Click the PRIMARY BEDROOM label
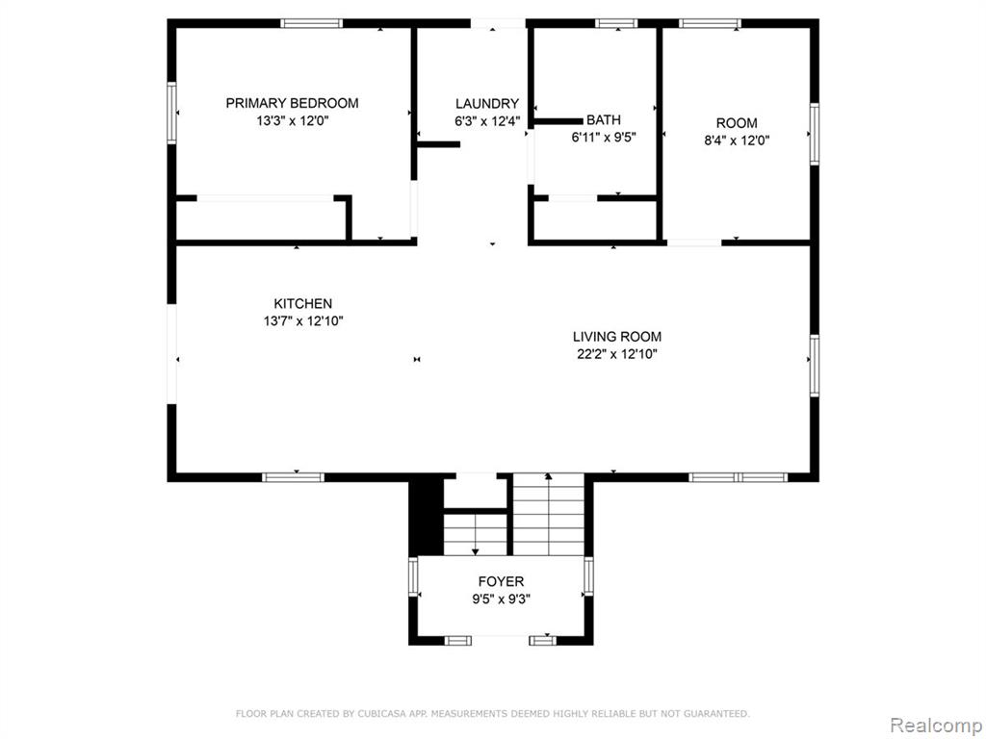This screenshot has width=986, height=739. [x=293, y=103]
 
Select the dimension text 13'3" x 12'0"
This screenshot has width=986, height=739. [x=293, y=120]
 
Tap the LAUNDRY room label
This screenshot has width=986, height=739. [x=487, y=104]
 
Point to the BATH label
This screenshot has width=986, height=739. [x=604, y=119]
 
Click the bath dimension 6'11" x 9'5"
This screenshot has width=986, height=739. [x=604, y=137]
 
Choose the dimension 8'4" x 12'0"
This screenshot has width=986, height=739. [x=737, y=140]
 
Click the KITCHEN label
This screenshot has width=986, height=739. [x=303, y=303]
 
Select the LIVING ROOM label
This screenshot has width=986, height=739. [x=617, y=337]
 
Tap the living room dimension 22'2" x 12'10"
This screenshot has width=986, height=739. [x=617, y=354]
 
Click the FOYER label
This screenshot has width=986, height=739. [x=501, y=582]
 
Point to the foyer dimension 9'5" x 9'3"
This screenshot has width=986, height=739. [x=501, y=599]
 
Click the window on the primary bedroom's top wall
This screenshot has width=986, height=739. [x=311, y=24]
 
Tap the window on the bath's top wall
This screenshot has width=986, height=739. [x=616, y=24]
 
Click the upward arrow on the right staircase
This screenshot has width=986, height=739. [x=548, y=514]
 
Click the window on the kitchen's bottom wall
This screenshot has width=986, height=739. [x=293, y=477]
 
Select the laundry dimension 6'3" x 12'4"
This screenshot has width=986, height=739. [x=487, y=121]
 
